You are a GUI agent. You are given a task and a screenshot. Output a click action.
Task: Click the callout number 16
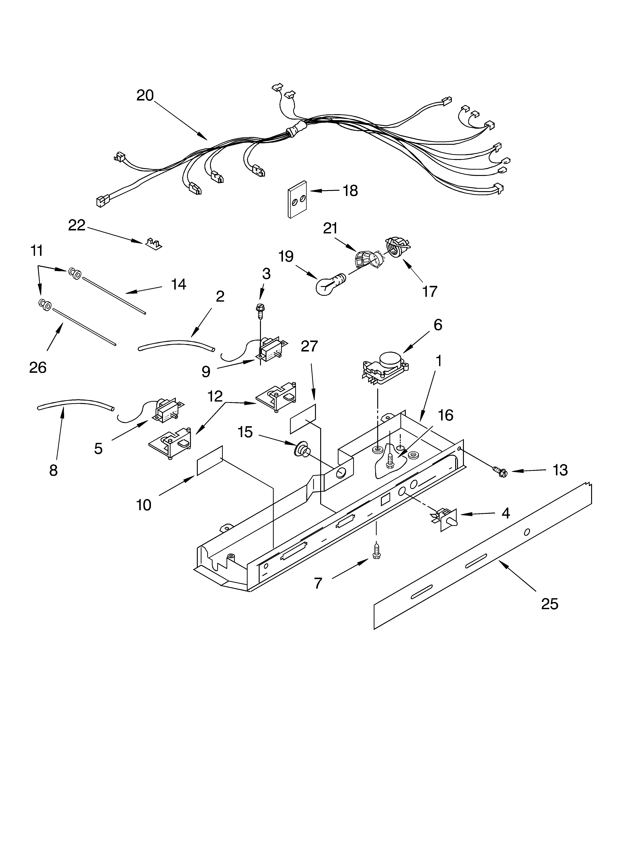pos(446,415)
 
